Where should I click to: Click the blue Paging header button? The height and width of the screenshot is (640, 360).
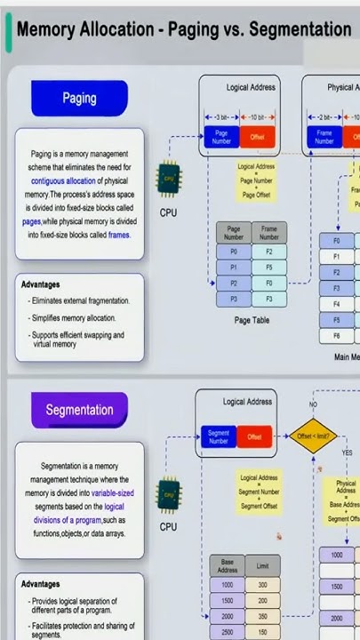point(79,99)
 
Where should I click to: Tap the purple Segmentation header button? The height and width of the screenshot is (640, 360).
point(79,410)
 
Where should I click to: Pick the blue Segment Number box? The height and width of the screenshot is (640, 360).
point(219,436)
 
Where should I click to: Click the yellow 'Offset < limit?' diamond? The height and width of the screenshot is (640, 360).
point(313,436)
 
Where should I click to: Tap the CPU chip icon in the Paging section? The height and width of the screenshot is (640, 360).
point(169,180)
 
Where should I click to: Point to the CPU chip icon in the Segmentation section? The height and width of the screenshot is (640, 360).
point(169,493)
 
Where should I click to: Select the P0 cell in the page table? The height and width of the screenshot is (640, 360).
point(234,252)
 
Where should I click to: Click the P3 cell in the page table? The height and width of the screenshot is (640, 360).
point(234,299)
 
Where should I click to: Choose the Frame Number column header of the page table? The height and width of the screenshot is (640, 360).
point(269,233)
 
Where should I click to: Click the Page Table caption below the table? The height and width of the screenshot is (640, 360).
point(252,320)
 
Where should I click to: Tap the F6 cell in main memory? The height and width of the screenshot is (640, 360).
point(337,335)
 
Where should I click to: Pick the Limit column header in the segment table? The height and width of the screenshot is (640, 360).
point(262,566)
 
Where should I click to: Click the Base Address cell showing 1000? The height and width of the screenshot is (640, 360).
point(228,585)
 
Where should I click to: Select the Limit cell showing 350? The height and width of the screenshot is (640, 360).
point(262,616)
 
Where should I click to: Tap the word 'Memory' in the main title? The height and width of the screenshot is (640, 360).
point(47,29)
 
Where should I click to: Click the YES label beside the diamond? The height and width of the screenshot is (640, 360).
point(347,452)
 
